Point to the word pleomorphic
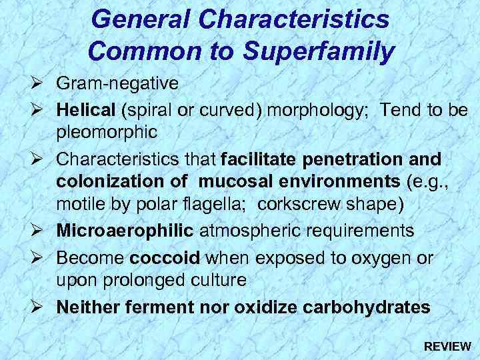(x=107, y=133)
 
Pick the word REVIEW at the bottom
(x=447, y=347)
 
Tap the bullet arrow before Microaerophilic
(x=38, y=231)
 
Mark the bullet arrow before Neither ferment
(x=38, y=307)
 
